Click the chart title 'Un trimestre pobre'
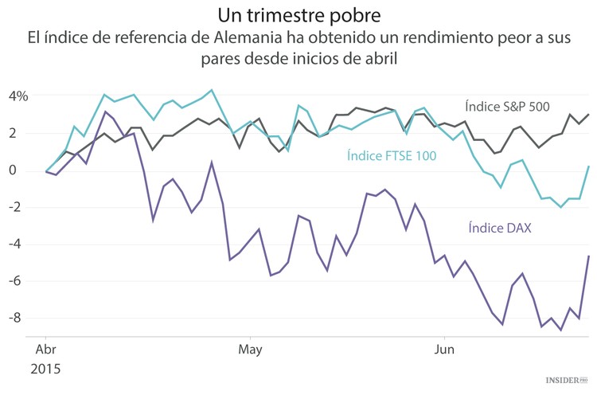[x=298, y=15]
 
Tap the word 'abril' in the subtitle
[x=377, y=58]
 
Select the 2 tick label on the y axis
[x=22, y=133]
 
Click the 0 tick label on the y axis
[x=22, y=170]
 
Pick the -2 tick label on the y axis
[x=19, y=207]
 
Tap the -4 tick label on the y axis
[x=19, y=244]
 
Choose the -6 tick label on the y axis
[x=19, y=281]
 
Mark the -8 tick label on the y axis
[x=19, y=318]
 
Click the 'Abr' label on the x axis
[x=46, y=350]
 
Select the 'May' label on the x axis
[x=249, y=350]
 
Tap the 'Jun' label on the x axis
[x=443, y=350]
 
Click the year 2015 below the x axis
[x=46, y=370]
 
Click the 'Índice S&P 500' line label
[x=507, y=106]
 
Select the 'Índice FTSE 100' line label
[x=392, y=156]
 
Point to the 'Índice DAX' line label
[x=499, y=229]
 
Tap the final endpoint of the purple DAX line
[x=588, y=256]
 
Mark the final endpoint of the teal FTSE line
[x=588, y=166]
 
